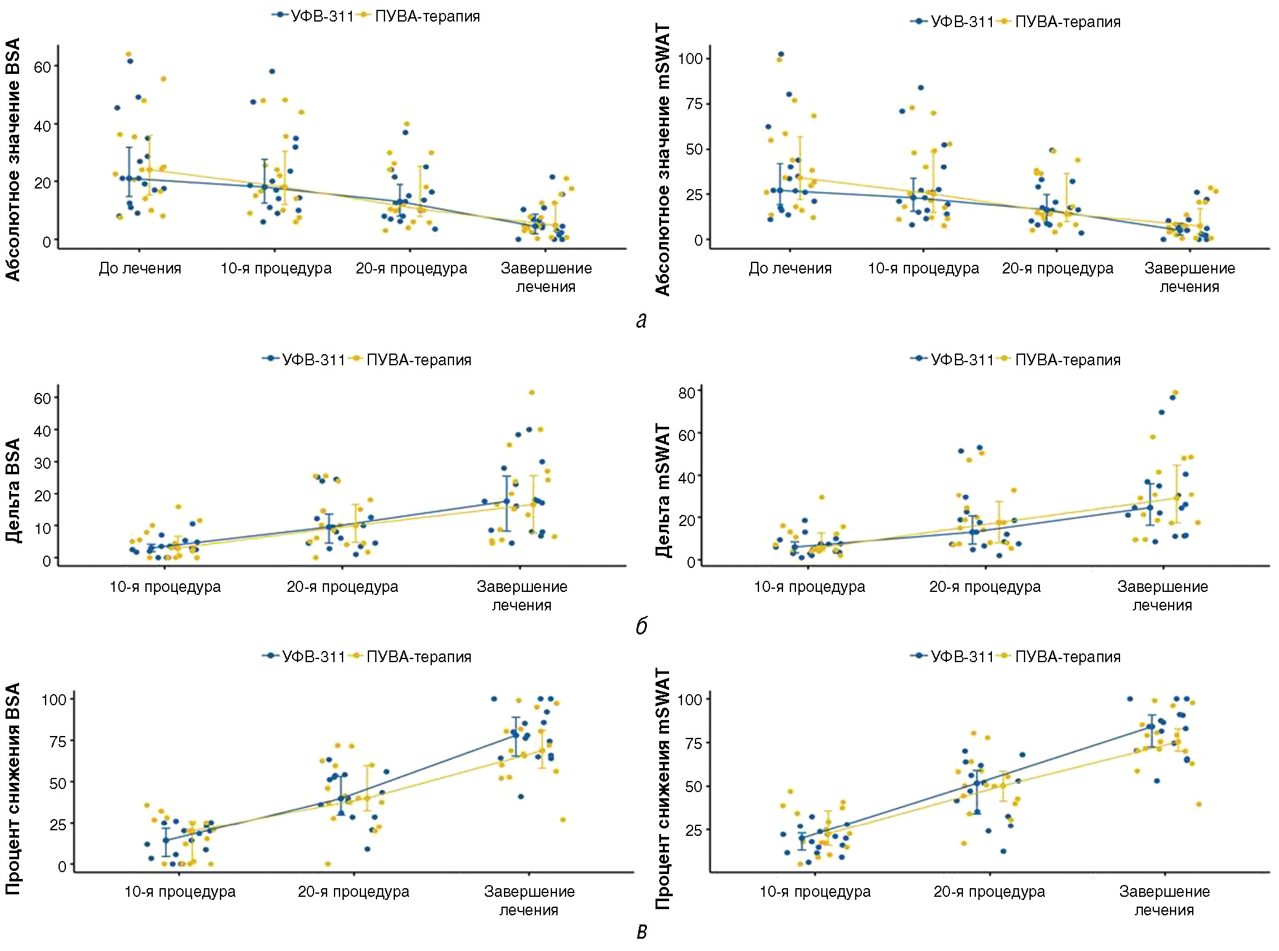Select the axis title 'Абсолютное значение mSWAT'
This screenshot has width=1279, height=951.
[x=662, y=160]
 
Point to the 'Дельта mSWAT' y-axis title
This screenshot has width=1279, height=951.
[x=662, y=490]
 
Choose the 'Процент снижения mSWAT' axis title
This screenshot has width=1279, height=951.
[x=662, y=790]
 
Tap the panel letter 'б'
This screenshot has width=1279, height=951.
[x=641, y=626]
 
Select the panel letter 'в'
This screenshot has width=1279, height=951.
[x=641, y=932]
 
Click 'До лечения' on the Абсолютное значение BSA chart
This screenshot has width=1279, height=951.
[x=140, y=269]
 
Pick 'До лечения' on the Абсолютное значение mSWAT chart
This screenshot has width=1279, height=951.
[x=790, y=269]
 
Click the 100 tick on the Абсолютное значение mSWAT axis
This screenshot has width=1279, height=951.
[x=690, y=59]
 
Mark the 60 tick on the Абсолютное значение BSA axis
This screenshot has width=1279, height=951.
[x=43, y=67]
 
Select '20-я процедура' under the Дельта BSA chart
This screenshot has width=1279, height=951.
[x=342, y=587]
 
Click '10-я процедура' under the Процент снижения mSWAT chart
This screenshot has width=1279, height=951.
[x=814, y=892]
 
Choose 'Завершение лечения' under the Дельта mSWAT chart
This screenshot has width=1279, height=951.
[x=1163, y=596]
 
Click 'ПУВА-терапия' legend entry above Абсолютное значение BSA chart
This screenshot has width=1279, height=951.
[x=427, y=17]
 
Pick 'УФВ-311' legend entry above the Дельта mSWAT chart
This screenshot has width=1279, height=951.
[x=962, y=360]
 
